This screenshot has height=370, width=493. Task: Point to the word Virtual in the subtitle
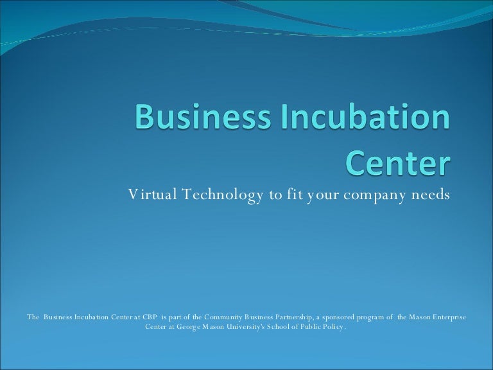pos(149,195)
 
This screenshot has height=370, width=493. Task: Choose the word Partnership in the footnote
pos(290,317)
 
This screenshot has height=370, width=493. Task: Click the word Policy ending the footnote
pos(336,327)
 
